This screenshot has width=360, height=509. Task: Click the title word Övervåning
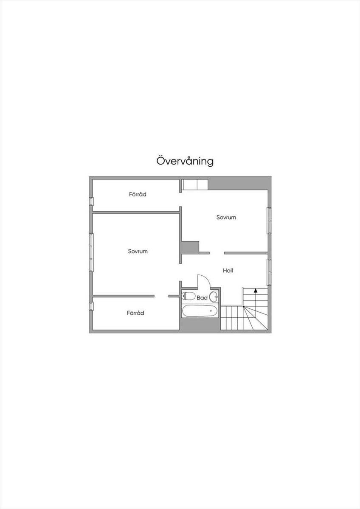[185, 161]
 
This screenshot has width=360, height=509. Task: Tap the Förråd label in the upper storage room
[138, 194]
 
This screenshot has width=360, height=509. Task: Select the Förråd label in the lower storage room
[135, 313]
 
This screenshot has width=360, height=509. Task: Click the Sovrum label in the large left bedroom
[138, 251]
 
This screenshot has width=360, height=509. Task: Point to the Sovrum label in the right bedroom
[226, 217]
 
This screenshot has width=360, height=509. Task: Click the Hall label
[228, 271]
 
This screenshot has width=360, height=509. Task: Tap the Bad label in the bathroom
[202, 298]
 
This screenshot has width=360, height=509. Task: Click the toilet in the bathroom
[188, 296]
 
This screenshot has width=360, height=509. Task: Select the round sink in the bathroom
[214, 297]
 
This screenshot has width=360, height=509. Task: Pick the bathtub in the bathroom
[200, 311]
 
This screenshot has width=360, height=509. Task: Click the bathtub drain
[211, 310]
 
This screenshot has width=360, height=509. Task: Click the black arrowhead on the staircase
[256, 290]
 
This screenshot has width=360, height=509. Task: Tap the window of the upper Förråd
[91, 201]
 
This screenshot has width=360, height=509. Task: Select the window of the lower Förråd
[91, 306]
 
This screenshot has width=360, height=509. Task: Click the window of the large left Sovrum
[91, 252]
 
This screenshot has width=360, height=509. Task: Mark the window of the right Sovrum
[269, 220]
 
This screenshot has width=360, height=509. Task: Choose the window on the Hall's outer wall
[269, 272]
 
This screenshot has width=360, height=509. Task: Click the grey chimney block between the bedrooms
[190, 247]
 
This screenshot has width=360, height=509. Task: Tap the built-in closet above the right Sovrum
[195, 185]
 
